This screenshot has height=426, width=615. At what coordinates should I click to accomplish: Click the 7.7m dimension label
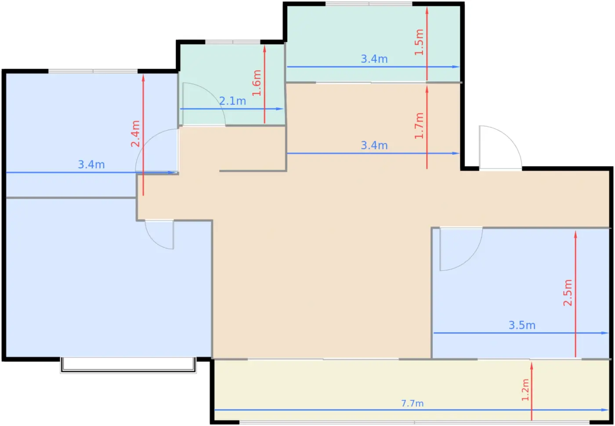pos(412,404)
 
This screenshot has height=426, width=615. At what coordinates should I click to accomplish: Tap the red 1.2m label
pos(525,390)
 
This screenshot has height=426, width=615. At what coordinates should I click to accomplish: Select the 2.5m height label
pos(568,293)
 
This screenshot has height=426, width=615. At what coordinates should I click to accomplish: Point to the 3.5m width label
pos(522,325)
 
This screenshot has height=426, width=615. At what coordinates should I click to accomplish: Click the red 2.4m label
pos(135,134)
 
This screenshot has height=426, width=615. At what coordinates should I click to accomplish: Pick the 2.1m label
pos(232,101)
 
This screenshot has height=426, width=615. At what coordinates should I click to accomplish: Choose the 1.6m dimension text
pos(257,83)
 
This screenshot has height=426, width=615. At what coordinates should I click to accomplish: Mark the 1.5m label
pos(419,42)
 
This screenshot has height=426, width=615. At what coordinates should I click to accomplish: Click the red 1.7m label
pos(419,126)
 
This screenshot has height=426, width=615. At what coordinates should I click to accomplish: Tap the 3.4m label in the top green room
pos(374,59)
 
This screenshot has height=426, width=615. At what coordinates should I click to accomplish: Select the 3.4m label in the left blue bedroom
pos(91,164)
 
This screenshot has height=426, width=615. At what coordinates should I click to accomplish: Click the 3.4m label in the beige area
pos(374,146)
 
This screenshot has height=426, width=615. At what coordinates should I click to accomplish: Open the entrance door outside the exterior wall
pos(500,148)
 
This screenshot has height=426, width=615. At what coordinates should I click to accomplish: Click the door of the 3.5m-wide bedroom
pos(461,249)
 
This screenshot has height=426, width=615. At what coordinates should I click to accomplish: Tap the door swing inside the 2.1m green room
pos(204,104)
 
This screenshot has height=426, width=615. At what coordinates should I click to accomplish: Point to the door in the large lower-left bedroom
pos(159,234)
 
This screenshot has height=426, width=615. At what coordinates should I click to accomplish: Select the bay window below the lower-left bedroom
pos(128,365)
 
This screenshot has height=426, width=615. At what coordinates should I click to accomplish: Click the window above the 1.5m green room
pos(369,4)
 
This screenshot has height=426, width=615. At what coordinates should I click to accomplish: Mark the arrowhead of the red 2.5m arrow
pos(575,234)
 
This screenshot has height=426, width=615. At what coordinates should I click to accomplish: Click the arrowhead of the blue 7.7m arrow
pos(605,410)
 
